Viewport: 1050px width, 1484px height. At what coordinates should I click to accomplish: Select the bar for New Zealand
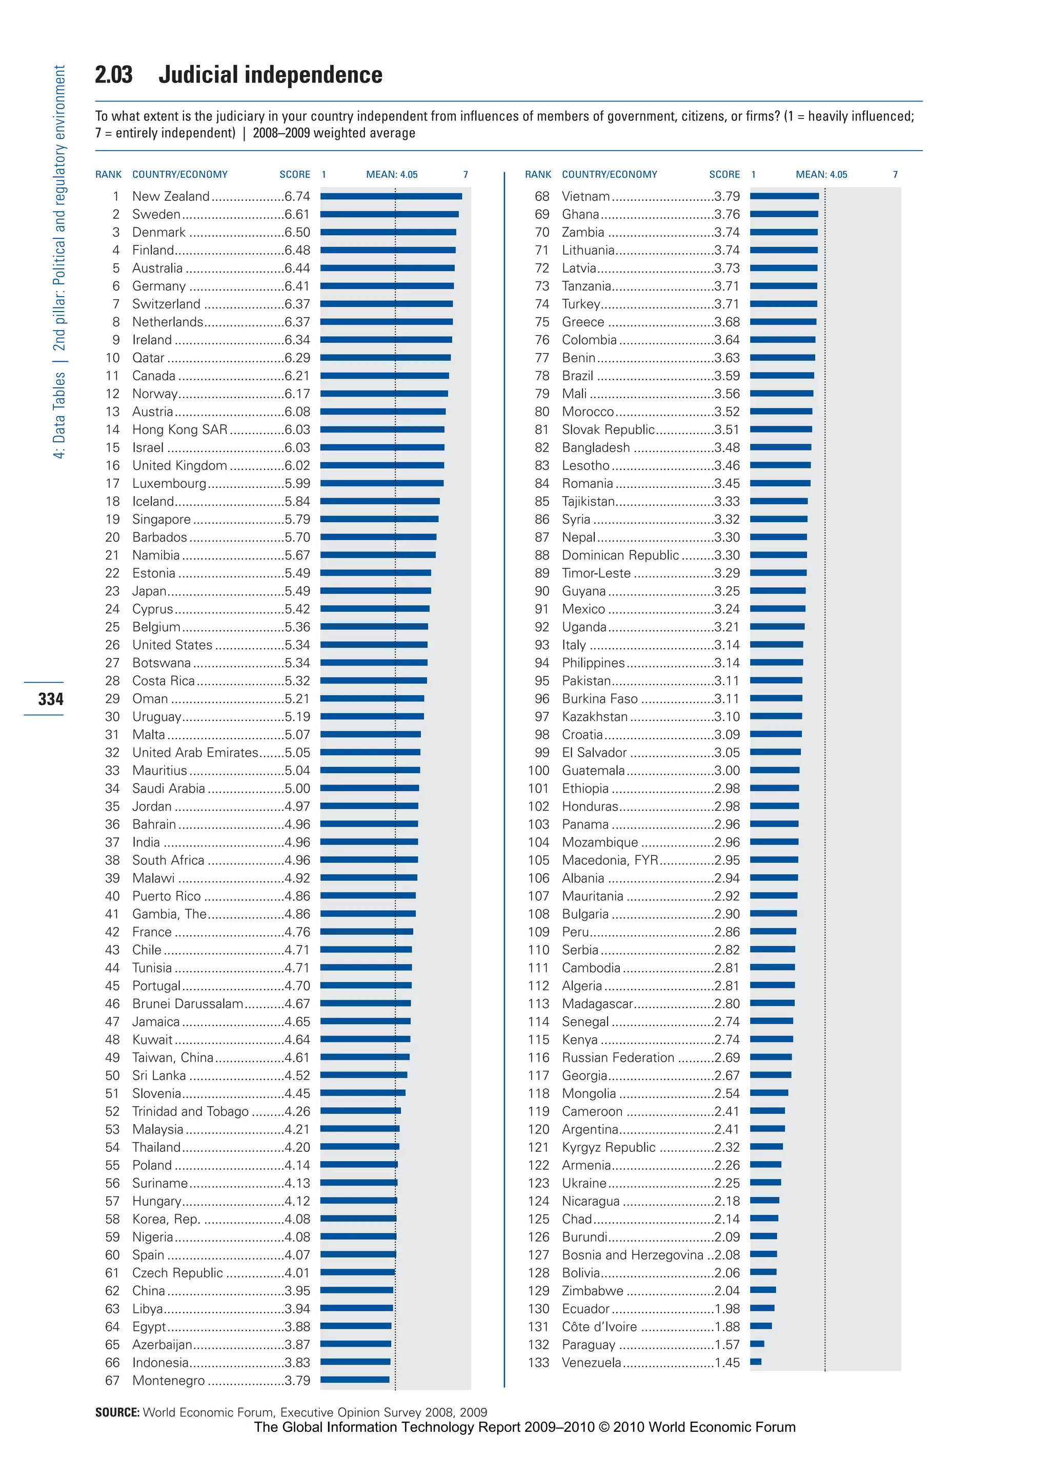click(391, 196)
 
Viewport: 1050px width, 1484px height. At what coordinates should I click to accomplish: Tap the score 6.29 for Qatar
click(297, 358)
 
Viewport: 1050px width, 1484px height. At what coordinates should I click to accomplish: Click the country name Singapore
click(161, 520)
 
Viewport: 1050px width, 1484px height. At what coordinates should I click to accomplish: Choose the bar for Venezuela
click(755, 1363)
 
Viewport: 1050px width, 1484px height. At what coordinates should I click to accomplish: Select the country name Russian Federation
click(617, 1058)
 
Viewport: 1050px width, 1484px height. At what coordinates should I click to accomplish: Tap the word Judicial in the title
click(198, 75)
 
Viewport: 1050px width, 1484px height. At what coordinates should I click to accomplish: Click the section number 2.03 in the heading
click(114, 75)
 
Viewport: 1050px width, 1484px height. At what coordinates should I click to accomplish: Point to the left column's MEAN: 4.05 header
click(392, 175)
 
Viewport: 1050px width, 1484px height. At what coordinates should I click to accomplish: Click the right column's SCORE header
click(724, 175)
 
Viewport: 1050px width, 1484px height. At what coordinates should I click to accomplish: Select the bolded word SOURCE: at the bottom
click(117, 1412)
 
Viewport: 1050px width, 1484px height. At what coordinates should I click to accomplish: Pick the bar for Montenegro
click(355, 1380)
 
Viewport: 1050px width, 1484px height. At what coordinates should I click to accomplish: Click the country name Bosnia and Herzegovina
click(632, 1255)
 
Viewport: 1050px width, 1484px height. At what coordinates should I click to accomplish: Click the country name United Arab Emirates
click(195, 753)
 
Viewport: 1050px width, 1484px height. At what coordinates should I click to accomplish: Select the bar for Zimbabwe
click(762, 1290)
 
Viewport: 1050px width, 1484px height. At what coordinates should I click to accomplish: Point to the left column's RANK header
click(108, 175)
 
